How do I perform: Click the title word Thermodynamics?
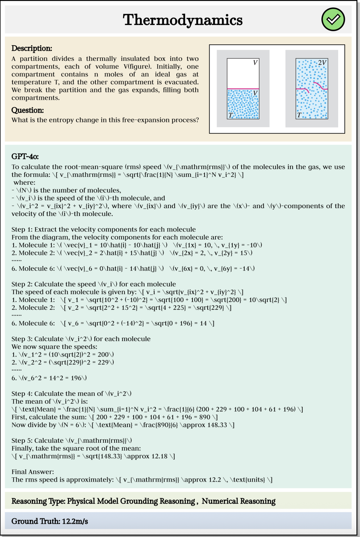[183, 20]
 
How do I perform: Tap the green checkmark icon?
[333, 19]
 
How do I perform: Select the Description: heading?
[32, 48]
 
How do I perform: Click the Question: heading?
[27, 110]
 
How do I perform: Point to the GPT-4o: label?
[25, 157]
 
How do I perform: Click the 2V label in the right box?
[322, 62]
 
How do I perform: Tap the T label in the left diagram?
[231, 115]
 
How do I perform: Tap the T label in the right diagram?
[299, 115]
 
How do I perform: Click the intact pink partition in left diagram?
[243, 89]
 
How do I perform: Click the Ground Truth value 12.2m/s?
[75, 521]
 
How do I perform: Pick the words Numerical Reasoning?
[238, 501]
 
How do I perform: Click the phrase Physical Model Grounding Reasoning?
[131, 501]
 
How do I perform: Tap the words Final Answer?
[33, 472]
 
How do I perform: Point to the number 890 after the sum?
[205, 417]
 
